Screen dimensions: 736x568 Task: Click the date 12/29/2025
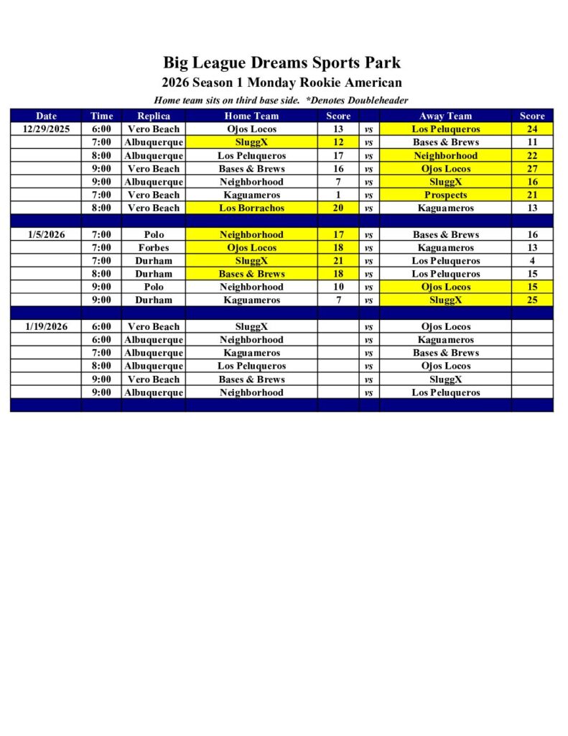point(46,129)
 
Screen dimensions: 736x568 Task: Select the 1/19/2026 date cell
point(46,326)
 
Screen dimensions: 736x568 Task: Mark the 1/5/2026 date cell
point(46,234)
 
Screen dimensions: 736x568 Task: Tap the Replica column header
point(154,116)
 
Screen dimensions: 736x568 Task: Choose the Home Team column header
point(251,116)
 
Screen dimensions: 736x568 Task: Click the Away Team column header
point(445,116)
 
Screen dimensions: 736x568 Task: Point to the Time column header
point(102,116)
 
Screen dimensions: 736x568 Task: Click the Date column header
point(46,116)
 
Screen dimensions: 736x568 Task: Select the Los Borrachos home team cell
point(251,208)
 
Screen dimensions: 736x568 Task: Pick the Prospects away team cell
point(445,195)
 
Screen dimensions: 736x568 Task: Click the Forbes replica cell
point(154,248)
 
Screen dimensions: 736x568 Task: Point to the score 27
point(532,169)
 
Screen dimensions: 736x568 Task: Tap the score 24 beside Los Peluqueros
point(532,129)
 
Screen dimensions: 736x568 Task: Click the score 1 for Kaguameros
point(338,195)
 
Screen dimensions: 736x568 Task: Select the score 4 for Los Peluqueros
point(532,261)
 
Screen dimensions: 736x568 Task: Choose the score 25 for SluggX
point(532,300)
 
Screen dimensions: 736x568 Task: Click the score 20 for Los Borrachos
point(338,208)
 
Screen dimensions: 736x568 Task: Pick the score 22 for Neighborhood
point(532,156)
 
